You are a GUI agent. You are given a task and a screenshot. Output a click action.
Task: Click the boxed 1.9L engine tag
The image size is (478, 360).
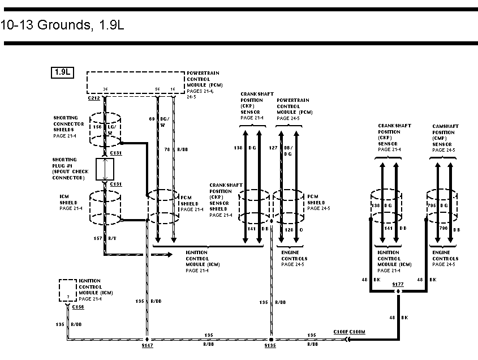(x=62, y=72)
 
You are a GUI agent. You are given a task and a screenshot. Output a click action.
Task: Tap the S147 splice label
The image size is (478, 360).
(x=147, y=345)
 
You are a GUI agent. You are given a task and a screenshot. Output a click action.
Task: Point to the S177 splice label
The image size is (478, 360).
(x=399, y=284)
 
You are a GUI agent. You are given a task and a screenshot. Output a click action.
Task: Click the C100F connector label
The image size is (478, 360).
(x=341, y=332)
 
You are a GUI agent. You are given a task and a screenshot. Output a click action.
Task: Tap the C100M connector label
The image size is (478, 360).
(x=358, y=332)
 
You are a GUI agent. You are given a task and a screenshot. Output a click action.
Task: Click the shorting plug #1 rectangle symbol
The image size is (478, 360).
(x=105, y=169)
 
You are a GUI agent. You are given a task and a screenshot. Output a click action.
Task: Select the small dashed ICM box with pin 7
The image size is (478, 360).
(x=68, y=290)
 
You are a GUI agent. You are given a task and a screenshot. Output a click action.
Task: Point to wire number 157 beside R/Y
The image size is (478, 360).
(x=98, y=238)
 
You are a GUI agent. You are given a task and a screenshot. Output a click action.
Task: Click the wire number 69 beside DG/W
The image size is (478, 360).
(x=152, y=119)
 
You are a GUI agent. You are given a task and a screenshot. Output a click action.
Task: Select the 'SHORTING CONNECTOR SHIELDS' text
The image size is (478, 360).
(x=68, y=124)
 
